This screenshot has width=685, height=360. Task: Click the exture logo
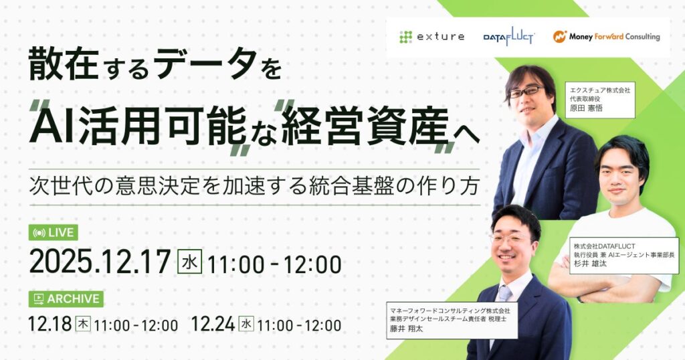(431, 37)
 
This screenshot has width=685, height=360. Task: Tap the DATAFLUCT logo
(508, 37)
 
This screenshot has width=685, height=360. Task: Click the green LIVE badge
(54, 233)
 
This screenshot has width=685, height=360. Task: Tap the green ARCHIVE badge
(66, 298)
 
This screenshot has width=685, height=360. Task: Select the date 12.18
(50, 325)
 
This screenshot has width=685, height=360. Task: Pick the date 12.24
(213, 325)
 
